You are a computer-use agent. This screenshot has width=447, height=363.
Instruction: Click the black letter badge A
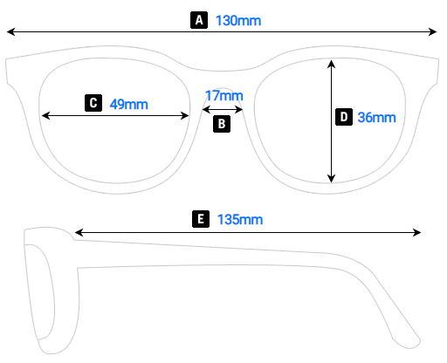click(x=199, y=19)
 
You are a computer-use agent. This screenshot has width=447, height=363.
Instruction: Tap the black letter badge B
click(x=222, y=124)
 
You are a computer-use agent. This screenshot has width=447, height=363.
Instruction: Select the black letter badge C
click(x=93, y=103)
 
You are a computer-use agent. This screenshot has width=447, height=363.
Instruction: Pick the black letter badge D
click(x=344, y=116)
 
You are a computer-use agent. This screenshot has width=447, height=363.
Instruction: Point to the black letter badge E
click(x=202, y=219)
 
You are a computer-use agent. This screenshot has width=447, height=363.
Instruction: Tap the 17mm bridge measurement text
click(x=223, y=95)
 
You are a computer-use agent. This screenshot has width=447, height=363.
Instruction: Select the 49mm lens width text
click(x=129, y=104)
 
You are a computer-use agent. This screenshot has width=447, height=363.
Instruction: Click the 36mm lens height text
click(x=376, y=117)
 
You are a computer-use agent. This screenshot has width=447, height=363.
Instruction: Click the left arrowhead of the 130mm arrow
click(x=10, y=32)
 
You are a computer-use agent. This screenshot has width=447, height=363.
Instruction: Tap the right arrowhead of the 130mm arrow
click(x=433, y=32)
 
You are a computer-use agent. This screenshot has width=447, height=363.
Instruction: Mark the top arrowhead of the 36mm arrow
click(x=332, y=63)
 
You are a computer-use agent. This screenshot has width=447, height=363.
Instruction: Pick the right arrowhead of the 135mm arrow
click(x=418, y=232)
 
